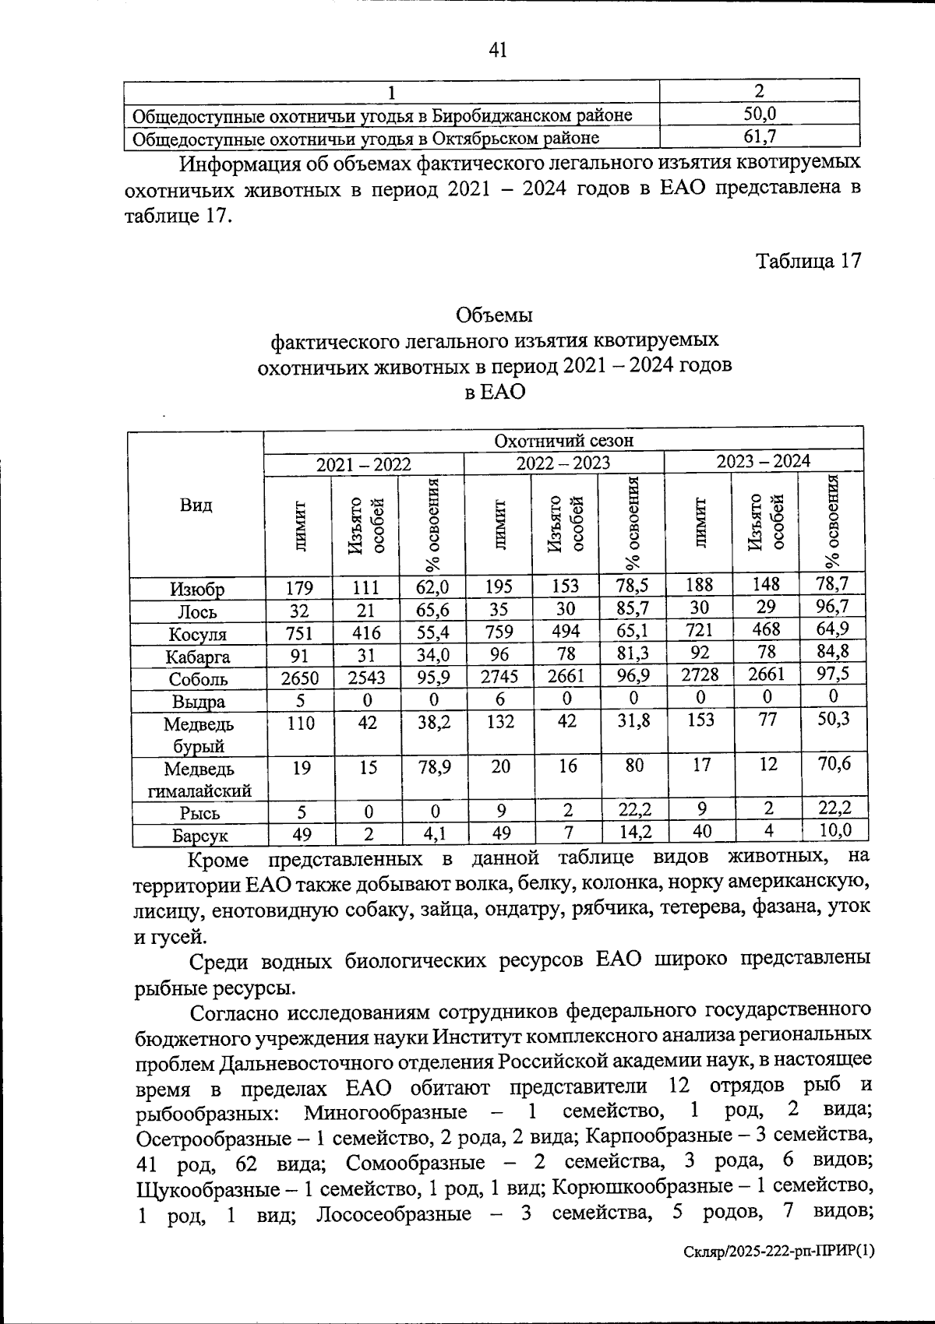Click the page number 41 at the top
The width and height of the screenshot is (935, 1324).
click(497, 51)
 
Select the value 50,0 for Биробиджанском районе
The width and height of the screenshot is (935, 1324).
click(759, 114)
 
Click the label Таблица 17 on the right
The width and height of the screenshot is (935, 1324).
click(809, 261)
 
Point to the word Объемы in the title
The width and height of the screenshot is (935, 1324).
click(494, 315)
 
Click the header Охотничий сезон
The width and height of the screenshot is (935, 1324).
click(564, 440)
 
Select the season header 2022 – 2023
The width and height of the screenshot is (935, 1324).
click(563, 463)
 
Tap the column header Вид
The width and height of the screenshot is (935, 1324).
click(196, 505)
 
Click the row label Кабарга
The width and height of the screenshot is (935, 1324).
click(198, 657)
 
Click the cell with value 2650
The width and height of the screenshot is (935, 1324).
click(299, 678)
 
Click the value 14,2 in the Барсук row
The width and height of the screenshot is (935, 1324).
click(634, 832)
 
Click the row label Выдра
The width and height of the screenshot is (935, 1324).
click(198, 702)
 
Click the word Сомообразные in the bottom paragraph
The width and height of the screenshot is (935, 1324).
click(415, 1164)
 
